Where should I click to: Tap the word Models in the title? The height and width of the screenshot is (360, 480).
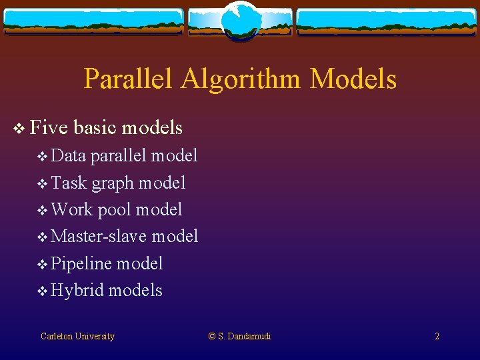[x=353, y=79]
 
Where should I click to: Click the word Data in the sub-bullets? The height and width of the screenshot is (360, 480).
[x=69, y=155]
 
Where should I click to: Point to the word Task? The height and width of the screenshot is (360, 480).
[x=69, y=183]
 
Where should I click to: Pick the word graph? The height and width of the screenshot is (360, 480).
[x=111, y=183]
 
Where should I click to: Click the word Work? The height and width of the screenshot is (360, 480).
[x=72, y=209]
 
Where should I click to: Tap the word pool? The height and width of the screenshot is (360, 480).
[x=115, y=210]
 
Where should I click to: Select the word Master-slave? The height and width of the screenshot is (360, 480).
[x=99, y=236]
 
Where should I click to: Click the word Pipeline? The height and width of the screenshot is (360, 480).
[x=81, y=263]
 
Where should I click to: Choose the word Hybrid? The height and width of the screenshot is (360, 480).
[x=77, y=290]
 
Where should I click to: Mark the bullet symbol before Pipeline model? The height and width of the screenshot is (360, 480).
[x=43, y=264]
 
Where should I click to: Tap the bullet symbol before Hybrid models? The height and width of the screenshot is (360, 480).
[x=43, y=291]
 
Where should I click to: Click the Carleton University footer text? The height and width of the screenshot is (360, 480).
[x=77, y=336]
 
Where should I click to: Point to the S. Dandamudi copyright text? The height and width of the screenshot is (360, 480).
[x=239, y=336]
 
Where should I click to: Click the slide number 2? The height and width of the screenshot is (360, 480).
[x=437, y=336]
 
